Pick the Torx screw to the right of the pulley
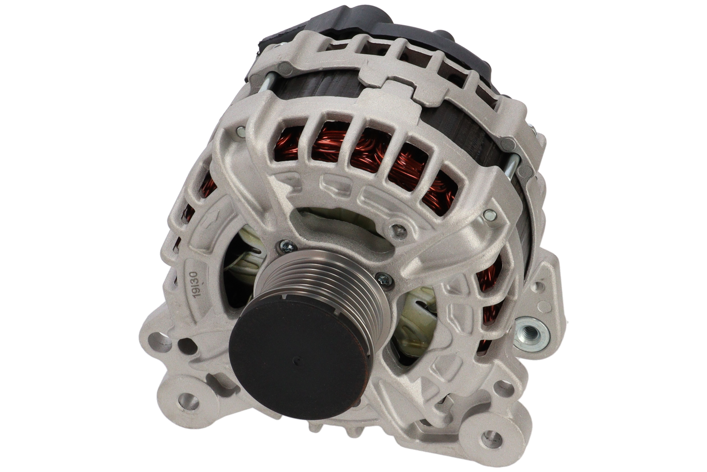point(384,279)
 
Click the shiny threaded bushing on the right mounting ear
point(532,333)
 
